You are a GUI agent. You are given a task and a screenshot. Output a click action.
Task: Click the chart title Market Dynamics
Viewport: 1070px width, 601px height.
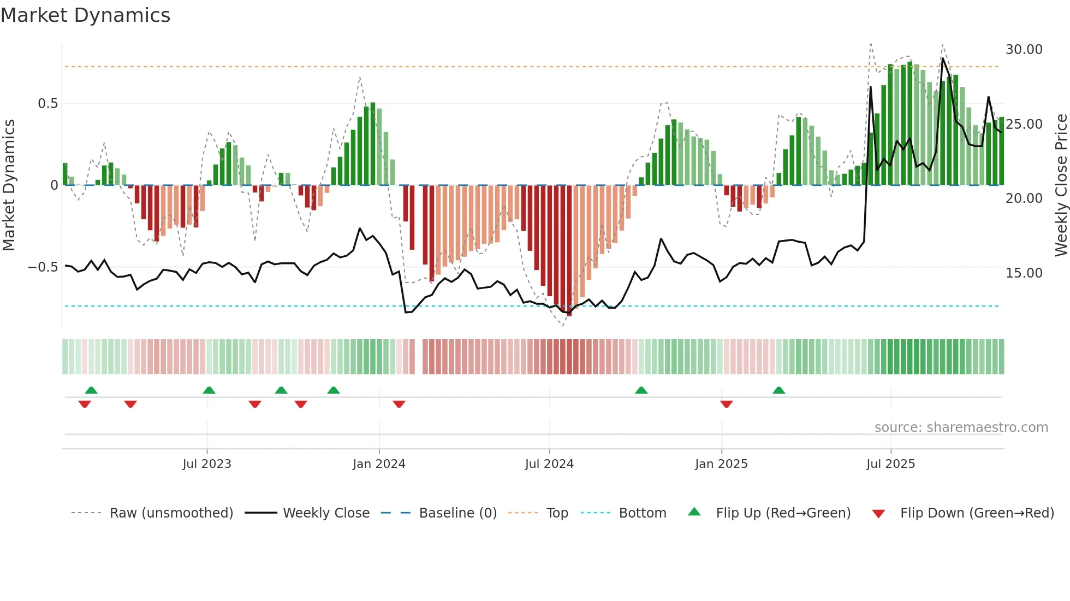tap(85, 15)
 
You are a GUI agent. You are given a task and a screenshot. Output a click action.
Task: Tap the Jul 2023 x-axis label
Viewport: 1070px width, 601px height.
tap(207, 464)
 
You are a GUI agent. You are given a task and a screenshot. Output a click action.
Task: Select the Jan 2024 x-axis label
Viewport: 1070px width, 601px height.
tap(379, 464)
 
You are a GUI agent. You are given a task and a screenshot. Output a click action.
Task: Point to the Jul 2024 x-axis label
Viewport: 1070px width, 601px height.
tap(549, 464)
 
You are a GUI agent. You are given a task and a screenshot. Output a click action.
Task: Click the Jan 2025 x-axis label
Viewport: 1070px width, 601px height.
tap(721, 464)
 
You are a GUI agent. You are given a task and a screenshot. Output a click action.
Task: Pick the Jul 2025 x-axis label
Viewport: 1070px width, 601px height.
tap(890, 464)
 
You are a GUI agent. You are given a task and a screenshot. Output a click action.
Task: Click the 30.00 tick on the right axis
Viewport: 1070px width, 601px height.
tap(1024, 50)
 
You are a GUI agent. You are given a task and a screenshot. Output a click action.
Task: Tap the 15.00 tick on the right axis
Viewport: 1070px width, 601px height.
tap(1024, 273)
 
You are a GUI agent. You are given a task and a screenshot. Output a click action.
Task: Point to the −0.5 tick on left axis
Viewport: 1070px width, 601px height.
tap(43, 267)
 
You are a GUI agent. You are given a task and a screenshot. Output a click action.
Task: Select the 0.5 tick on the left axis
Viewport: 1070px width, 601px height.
tap(47, 104)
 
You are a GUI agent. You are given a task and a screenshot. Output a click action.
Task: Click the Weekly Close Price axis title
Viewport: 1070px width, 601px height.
tap(1061, 185)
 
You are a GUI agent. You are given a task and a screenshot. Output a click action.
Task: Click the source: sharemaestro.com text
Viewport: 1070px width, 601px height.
tap(961, 428)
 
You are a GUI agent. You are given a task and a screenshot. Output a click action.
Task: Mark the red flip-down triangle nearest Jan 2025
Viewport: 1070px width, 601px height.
tap(726, 404)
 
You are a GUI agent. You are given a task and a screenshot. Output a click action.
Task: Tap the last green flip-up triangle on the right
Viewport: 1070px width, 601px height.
tap(779, 390)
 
